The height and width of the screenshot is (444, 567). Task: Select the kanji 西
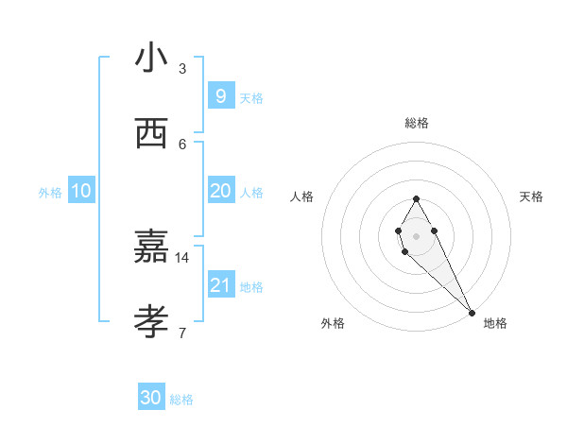tap(151, 134)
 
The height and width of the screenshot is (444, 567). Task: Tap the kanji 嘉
tap(151, 248)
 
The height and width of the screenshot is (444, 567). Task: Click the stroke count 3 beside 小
tap(182, 69)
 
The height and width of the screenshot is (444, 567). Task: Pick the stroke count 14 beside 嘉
tap(182, 257)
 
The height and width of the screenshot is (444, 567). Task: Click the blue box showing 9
tap(220, 95)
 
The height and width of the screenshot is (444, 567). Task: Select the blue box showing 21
tap(220, 284)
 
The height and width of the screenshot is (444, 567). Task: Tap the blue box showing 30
tap(151, 398)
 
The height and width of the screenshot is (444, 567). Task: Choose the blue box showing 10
tap(81, 191)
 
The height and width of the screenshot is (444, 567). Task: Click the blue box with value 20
tap(220, 191)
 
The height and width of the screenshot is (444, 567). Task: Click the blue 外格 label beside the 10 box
tap(50, 193)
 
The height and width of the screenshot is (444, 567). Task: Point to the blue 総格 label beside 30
tap(181, 400)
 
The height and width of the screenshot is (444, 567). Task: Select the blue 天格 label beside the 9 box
tap(251, 98)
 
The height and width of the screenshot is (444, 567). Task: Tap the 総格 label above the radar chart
tap(417, 123)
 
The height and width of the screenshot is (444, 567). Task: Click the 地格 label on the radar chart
tap(495, 323)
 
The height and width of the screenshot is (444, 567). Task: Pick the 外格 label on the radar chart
tap(333, 323)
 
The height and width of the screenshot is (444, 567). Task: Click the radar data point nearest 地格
tap(472, 312)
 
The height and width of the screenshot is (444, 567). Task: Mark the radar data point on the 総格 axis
tap(416, 198)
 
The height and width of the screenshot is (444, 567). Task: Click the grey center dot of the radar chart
tap(416, 234)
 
